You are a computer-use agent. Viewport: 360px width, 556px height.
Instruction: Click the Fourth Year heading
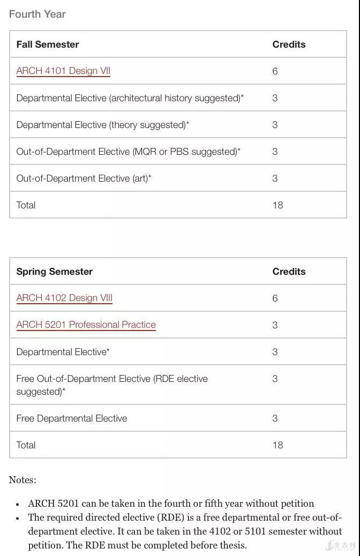pos(37,14)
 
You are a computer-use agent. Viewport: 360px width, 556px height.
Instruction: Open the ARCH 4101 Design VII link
pos(63,71)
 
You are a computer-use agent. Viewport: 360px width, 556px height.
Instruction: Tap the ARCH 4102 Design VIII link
pos(64,298)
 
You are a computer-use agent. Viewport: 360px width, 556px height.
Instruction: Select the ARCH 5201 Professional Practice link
pos(86,325)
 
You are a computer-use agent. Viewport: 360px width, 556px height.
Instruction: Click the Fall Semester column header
pos(48,44)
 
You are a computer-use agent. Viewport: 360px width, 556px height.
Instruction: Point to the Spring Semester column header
pos(54,272)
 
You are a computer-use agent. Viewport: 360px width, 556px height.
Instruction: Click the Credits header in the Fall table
pos(289,44)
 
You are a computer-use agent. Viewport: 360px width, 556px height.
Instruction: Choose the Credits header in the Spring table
pos(289,272)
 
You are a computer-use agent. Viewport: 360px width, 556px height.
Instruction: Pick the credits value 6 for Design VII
pos(275,71)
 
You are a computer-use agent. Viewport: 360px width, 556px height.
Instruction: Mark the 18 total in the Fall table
pos(277,205)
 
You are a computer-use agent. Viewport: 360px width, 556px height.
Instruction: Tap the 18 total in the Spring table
pos(277,445)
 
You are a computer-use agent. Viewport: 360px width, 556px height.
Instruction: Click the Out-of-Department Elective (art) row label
pos(84,178)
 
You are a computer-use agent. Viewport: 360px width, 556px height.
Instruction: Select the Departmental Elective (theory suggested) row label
pos(102,125)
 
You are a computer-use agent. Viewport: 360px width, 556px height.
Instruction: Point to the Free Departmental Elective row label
pos(72,418)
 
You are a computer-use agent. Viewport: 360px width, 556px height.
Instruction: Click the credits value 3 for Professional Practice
pos(275,325)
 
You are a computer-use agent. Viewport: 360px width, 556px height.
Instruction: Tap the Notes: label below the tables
pos(22,480)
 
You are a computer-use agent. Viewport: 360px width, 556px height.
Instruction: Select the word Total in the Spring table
pos(26,445)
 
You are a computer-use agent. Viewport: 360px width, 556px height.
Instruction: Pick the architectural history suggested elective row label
pos(130,98)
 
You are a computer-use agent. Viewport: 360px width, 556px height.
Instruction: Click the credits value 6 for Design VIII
pos(275,298)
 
